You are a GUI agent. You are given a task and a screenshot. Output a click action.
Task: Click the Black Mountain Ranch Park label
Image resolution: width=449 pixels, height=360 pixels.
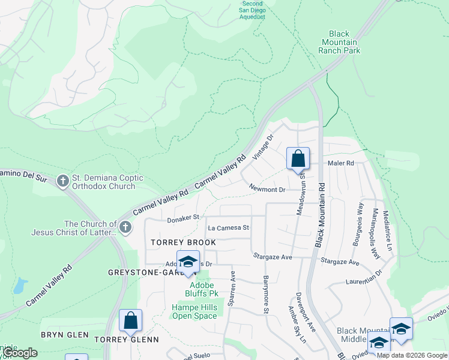[x=339, y=43]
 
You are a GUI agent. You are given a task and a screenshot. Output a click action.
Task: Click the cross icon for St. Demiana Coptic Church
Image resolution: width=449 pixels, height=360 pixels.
[x=63, y=181]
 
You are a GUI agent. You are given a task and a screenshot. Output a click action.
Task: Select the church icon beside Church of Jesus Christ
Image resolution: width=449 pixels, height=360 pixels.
[x=125, y=227]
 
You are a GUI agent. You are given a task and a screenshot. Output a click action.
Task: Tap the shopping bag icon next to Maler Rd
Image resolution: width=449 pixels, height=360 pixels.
[x=298, y=160]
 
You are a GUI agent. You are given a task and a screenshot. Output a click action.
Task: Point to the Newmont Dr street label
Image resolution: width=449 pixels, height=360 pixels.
[x=267, y=189]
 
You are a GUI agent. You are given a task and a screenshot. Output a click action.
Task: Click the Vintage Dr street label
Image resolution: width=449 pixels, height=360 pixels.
[x=263, y=147]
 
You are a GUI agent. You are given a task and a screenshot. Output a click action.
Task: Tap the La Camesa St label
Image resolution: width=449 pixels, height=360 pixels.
[x=228, y=228]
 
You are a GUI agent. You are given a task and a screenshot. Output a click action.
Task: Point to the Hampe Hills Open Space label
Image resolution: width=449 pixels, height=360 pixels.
[x=194, y=311]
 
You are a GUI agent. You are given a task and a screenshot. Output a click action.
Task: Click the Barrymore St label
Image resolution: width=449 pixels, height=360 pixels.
[x=265, y=294]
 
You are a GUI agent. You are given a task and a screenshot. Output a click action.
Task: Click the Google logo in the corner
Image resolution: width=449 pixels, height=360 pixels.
[x=20, y=353]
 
